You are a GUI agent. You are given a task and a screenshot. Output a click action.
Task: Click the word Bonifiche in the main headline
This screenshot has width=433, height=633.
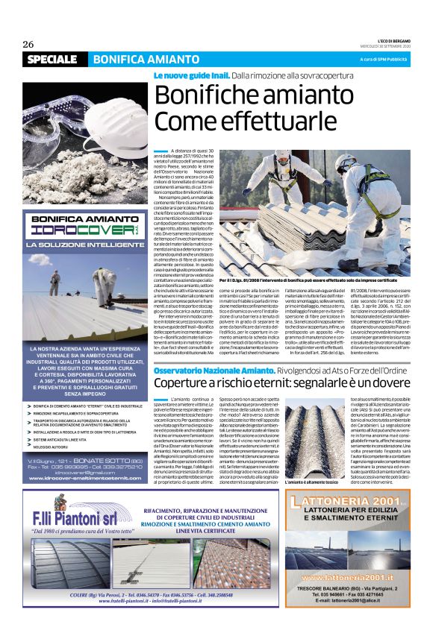(206, 97)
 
